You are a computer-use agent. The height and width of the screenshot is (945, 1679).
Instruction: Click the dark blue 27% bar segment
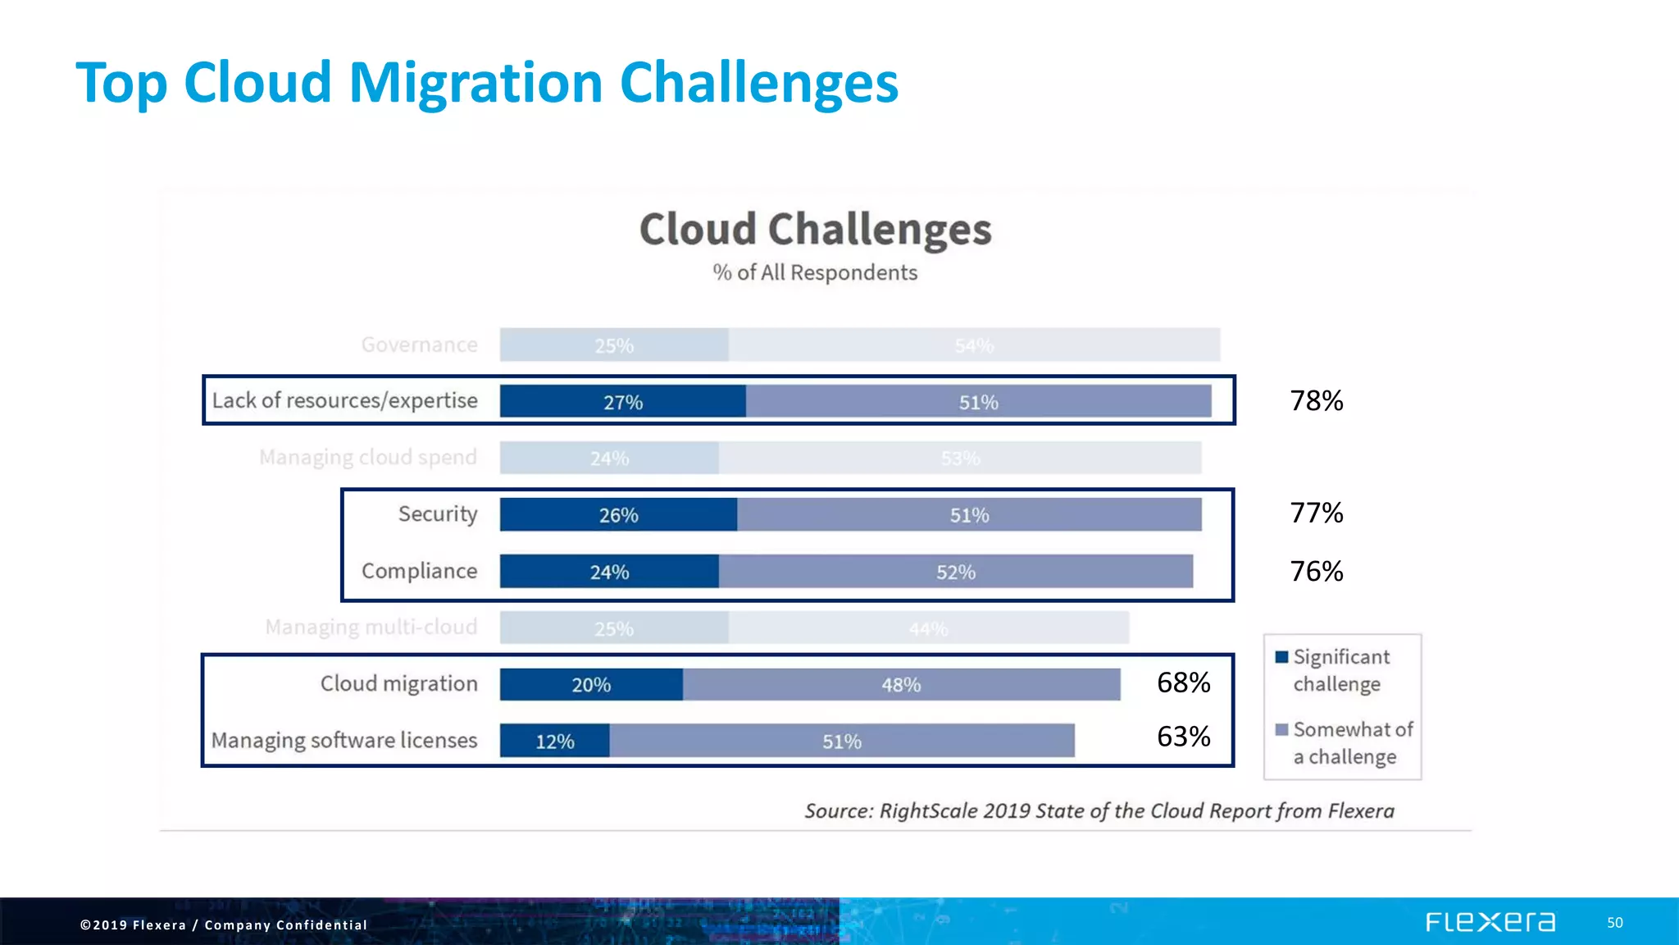[x=623, y=402]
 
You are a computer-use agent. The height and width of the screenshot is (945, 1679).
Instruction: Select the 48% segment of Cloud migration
[x=901, y=684]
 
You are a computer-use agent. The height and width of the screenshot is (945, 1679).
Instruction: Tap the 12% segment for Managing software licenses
[x=555, y=741]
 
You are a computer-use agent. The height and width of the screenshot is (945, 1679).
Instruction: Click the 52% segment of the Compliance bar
[x=956, y=572]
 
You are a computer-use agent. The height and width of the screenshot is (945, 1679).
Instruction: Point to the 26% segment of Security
[x=618, y=515]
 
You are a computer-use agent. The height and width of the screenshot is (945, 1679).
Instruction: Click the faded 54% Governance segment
[x=974, y=345]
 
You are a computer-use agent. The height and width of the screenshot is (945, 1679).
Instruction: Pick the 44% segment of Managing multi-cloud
[x=928, y=628]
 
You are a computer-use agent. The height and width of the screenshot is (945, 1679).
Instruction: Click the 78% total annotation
[x=1317, y=400]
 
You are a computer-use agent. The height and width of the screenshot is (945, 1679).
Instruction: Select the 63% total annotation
[x=1183, y=736]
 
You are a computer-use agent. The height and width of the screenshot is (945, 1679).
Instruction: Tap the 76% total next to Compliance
[x=1317, y=571]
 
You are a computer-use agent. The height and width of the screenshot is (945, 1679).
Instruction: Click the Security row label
[x=438, y=514]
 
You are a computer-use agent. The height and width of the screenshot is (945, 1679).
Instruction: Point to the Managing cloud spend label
[x=368, y=457]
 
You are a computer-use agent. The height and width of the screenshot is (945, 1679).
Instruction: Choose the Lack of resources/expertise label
[x=344, y=400]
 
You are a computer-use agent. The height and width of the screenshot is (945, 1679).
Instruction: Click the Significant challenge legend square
[x=1282, y=657]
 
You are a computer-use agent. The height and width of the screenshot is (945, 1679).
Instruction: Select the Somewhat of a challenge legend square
[x=1282, y=729]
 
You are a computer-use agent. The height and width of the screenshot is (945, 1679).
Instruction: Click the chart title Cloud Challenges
[x=815, y=229]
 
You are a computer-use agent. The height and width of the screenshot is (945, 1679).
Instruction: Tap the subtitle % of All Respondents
[x=815, y=272]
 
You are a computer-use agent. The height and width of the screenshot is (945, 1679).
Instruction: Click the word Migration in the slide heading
[x=476, y=83]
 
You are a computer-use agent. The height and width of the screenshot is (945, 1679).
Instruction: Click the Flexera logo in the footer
[x=1490, y=922]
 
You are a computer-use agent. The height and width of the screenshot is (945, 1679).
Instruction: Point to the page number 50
[x=1614, y=923]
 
